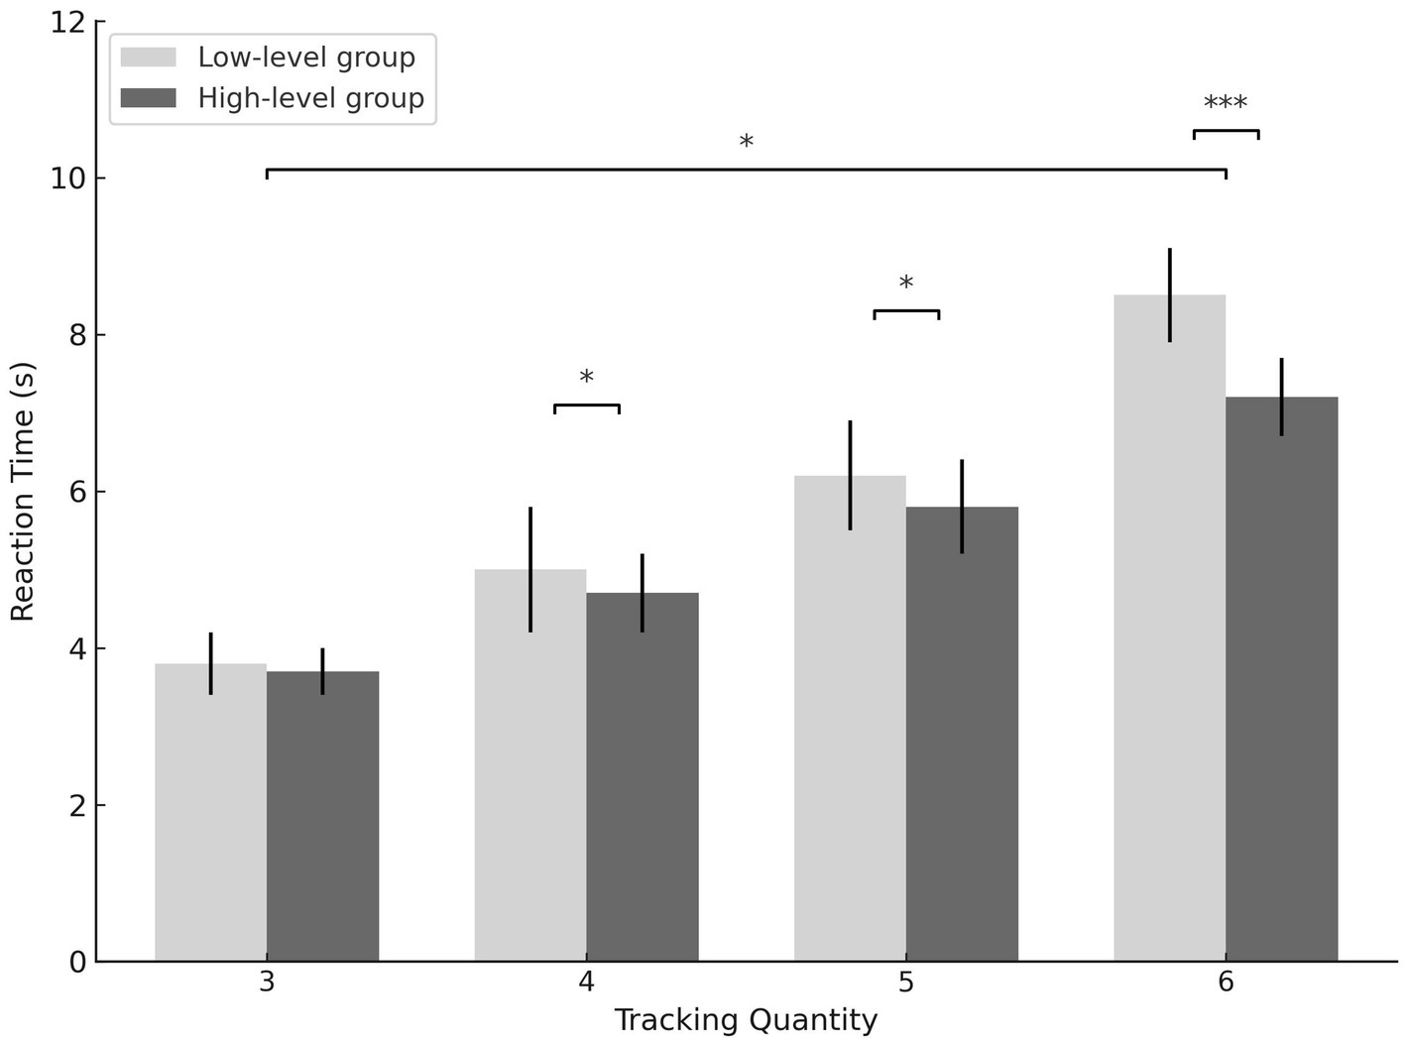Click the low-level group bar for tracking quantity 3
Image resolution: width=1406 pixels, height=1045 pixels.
point(210,812)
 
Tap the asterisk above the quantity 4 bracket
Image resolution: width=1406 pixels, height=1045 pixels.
point(586,379)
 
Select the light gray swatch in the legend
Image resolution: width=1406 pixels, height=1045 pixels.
point(148,58)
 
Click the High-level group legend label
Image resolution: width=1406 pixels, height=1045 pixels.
point(310,98)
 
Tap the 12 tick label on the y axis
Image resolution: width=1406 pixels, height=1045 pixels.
point(66,22)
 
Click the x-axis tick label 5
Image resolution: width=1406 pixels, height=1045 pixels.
point(906,983)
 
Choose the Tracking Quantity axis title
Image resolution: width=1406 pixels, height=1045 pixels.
point(746,1020)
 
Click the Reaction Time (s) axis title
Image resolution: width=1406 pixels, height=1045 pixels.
point(23,492)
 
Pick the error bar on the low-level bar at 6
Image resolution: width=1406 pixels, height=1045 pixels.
point(1170,294)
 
